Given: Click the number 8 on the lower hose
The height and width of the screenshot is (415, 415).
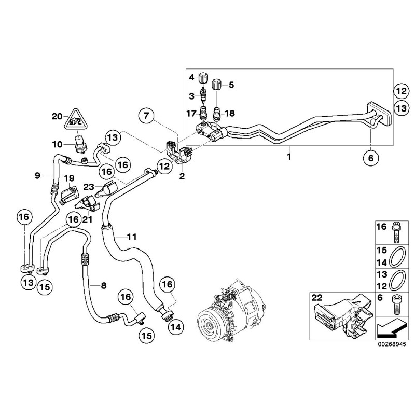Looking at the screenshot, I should click(103, 285).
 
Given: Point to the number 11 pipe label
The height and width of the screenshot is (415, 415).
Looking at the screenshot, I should click(131, 237).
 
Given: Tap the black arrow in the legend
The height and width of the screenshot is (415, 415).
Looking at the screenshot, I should click(389, 327).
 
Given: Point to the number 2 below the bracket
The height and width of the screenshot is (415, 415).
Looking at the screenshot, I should click(182, 176).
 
